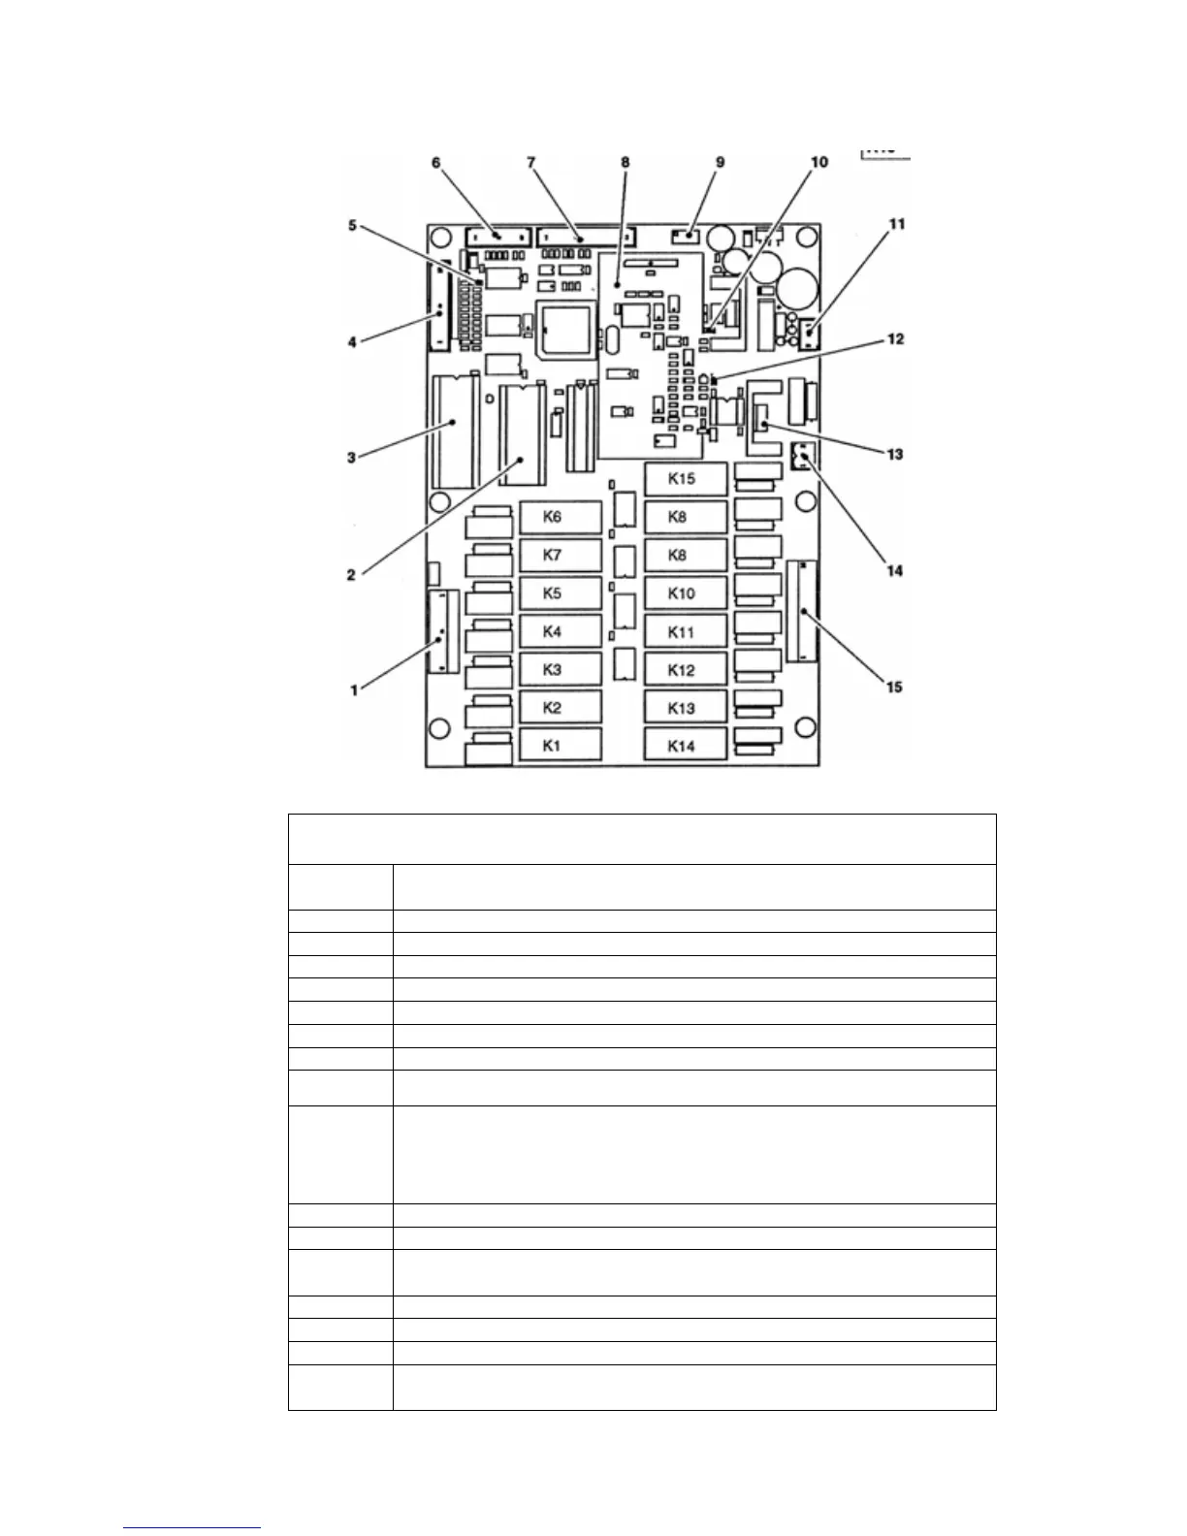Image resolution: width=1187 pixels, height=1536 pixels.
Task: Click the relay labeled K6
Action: pyautogui.click(x=560, y=517)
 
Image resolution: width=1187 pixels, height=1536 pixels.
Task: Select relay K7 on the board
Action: pyautogui.click(x=560, y=556)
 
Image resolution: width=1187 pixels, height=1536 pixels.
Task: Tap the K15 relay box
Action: pyautogui.click(x=685, y=479)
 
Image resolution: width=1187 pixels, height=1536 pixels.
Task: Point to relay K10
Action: pyautogui.click(x=685, y=593)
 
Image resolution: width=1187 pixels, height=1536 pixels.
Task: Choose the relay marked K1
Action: pyautogui.click(x=560, y=746)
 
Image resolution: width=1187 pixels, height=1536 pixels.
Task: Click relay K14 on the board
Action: pyautogui.click(x=685, y=746)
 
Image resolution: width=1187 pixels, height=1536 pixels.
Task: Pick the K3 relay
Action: pyautogui.click(x=560, y=670)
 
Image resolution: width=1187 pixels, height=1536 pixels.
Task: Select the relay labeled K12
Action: pyautogui.click(x=685, y=670)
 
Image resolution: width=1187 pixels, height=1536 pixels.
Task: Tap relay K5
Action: pyautogui.click(x=560, y=593)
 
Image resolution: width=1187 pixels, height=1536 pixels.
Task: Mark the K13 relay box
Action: pyautogui.click(x=685, y=708)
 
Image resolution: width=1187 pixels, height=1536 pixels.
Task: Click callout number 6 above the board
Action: pyautogui.click(x=436, y=162)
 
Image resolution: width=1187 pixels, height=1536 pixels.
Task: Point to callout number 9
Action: pyautogui.click(x=720, y=162)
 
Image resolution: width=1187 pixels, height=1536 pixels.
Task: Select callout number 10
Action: pyautogui.click(x=819, y=162)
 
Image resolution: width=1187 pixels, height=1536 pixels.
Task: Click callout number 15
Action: pyautogui.click(x=894, y=687)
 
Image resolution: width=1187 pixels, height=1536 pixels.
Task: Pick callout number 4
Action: pyautogui.click(x=352, y=341)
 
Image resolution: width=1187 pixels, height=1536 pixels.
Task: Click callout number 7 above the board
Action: pyautogui.click(x=531, y=162)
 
